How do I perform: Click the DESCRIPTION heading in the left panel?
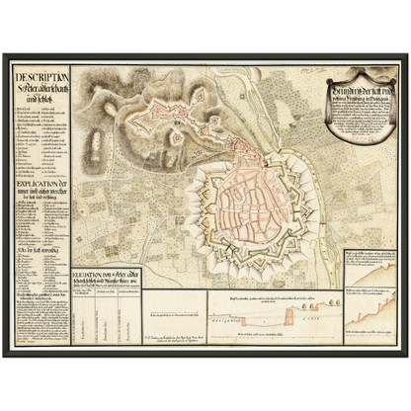point(41,78)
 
